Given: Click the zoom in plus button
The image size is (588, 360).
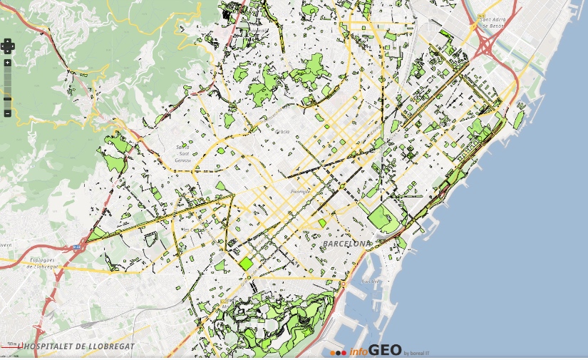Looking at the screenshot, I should coord(7,63).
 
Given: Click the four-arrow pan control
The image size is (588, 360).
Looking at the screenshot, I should coord(7,46).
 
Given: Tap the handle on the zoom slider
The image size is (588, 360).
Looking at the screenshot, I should coord(7,98).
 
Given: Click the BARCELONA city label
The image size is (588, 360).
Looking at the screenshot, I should coord(347,244).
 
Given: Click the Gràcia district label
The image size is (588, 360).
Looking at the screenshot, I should coord(282,132).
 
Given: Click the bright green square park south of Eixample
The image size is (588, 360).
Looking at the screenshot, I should coord(246,263).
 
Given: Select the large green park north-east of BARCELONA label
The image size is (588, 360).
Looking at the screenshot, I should coord(383,217).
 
